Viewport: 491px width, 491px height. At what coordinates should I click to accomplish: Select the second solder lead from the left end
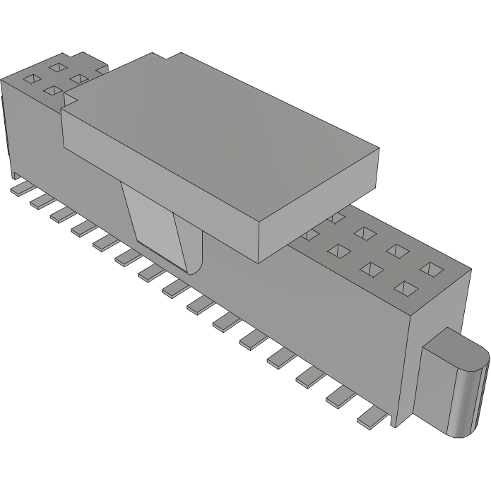tap(37, 201)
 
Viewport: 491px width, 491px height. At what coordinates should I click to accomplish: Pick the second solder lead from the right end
tap(340, 398)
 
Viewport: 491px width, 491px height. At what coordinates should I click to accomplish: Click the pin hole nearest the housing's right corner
tap(433, 270)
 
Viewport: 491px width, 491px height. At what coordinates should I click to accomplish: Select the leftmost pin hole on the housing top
tap(31, 78)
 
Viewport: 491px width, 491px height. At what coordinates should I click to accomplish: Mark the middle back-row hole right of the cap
tap(397, 251)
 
